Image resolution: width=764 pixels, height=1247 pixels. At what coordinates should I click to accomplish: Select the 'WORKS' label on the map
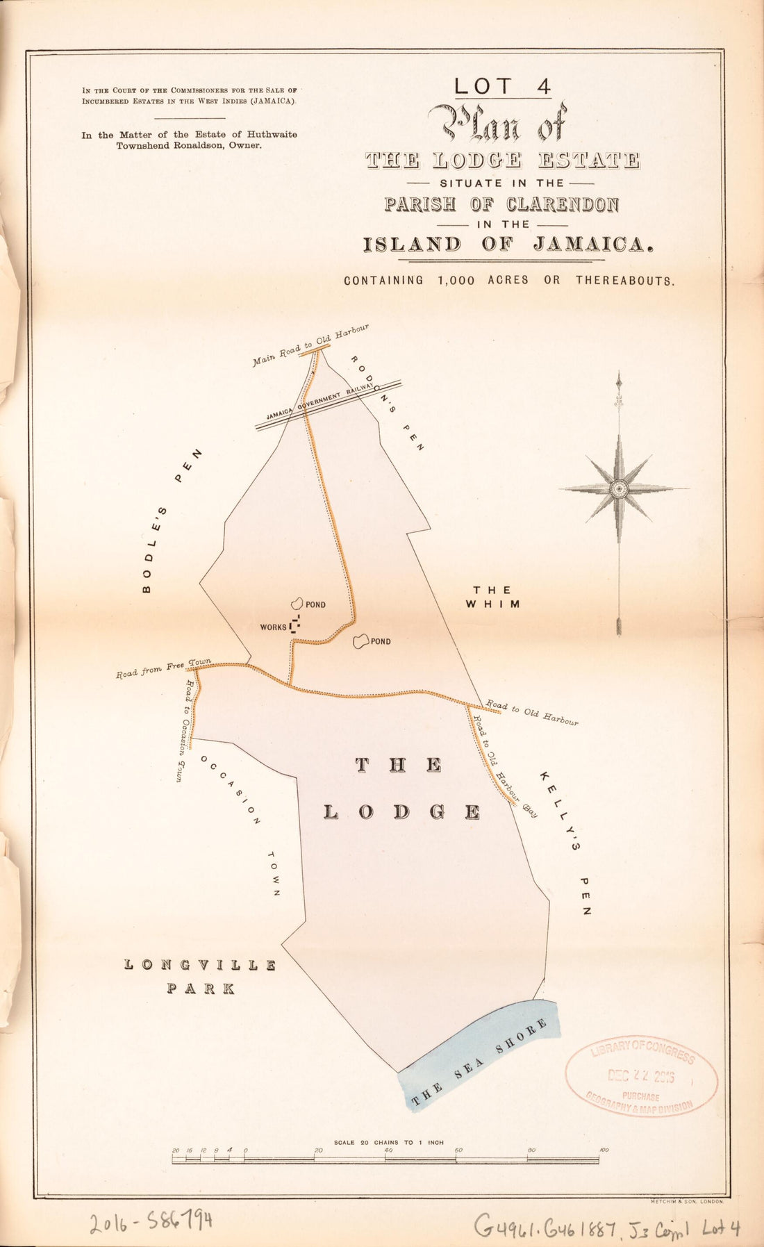pyautogui.click(x=273, y=627)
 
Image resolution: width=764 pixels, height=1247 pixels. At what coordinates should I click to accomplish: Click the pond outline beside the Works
pyautogui.click(x=297, y=604)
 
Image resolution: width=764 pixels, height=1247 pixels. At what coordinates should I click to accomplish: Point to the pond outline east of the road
pyautogui.click(x=360, y=641)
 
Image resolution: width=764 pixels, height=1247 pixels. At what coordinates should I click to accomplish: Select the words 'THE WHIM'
pyautogui.click(x=494, y=597)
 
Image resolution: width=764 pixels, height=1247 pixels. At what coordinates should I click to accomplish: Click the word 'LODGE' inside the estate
pyautogui.click(x=402, y=812)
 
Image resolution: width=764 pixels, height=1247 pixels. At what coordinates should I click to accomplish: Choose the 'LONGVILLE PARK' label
pyautogui.click(x=201, y=976)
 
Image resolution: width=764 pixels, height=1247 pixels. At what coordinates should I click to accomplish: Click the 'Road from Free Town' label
pyautogui.click(x=164, y=669)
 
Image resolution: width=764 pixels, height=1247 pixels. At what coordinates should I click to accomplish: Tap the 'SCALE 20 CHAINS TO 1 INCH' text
pyautogui.click(x=388, y=1142)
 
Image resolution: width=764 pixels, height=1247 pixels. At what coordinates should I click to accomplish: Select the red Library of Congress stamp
pyautogui.click(x=641, y=1073)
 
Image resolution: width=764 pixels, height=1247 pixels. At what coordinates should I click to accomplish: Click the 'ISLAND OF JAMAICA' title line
pyautogui.click(x=508, y=245)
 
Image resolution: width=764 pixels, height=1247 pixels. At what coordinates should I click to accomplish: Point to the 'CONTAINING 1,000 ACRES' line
pyautogui.click(x=508, y=281)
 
